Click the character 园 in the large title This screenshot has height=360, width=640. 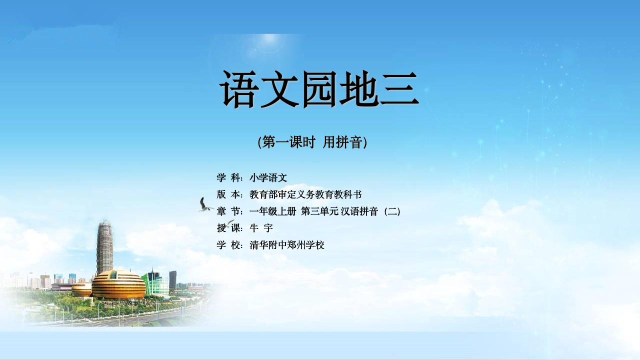click(x=319, y=89)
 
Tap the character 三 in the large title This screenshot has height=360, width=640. click(x=400, y=89)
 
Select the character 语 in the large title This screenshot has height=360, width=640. click(x=238, y=89)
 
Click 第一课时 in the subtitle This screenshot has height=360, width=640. click(x=288, y=142)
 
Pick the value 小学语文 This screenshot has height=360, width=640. click(x=268, y=177)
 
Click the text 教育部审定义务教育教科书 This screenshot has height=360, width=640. click(x=305, y=194)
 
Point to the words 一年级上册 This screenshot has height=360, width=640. click(x=272, y=211)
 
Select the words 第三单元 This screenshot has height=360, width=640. click(x=319, y=211)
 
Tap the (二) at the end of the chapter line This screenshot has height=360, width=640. click(x=392, y=211)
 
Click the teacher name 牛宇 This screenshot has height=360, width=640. click(x=261, y=228)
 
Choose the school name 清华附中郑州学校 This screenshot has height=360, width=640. click(x=287, y=245)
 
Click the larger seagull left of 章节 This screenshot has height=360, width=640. click(x=204, y=204)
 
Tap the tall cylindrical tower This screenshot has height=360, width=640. click(x=105, y=247)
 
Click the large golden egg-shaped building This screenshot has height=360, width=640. click(x=118, y=284)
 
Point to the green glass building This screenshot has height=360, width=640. click(x=155, y=283)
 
